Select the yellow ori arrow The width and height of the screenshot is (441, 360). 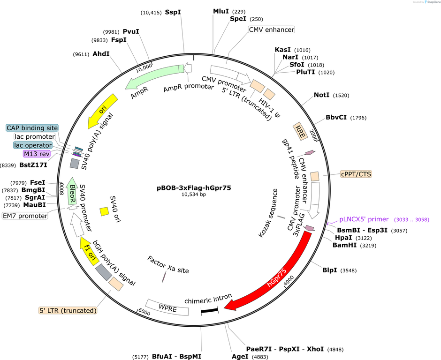click(x=102, y=111)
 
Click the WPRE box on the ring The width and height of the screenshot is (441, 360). click(x=167, y=307)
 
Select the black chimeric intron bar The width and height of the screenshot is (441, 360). click(x=210, y=310)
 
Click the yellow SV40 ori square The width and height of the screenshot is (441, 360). click(x=105, y=211)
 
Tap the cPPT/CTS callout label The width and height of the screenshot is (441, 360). click(x=356, y=174)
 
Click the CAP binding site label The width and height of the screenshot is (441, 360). click(x=32, y=128)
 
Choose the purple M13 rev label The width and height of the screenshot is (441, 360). click(x=37, y=154)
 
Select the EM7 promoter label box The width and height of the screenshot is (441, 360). click(x=25, y=216)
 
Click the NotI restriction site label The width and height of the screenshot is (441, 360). click(x=321, y=95)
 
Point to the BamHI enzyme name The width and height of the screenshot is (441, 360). click(x=344, y=245)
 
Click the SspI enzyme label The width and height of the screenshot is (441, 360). click(x=173, y=12)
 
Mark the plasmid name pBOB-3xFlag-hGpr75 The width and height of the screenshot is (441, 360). click(x=194, y=187)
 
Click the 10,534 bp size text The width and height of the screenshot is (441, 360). click(x=194, y=195)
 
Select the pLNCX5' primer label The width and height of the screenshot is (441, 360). click(x=364, y=219)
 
